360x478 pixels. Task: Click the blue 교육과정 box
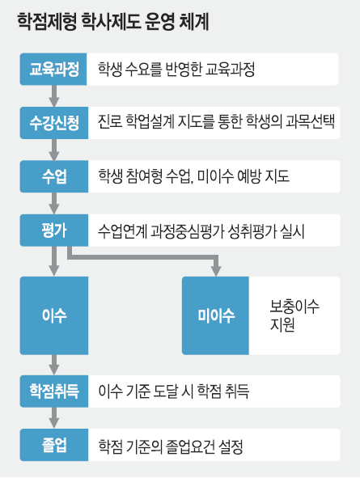point(53,70)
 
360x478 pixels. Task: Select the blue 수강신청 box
point(54,123)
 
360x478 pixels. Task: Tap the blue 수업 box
point(54,176)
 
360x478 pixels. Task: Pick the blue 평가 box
point(54,231)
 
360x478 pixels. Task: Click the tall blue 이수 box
point(54,315)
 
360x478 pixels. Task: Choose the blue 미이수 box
point(215,315)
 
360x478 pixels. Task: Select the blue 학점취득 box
point(54,391)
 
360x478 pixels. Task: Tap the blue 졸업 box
point(54,445)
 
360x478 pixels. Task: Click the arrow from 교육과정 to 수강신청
point(54,96)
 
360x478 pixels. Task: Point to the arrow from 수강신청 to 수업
point(54,150)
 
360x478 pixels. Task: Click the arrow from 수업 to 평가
point(54,203)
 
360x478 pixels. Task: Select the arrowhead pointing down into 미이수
point(216,271)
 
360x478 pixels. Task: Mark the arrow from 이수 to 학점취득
point(54,365)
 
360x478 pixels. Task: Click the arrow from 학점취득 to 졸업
point(54,418)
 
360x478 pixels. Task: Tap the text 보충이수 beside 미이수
point(294,307)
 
